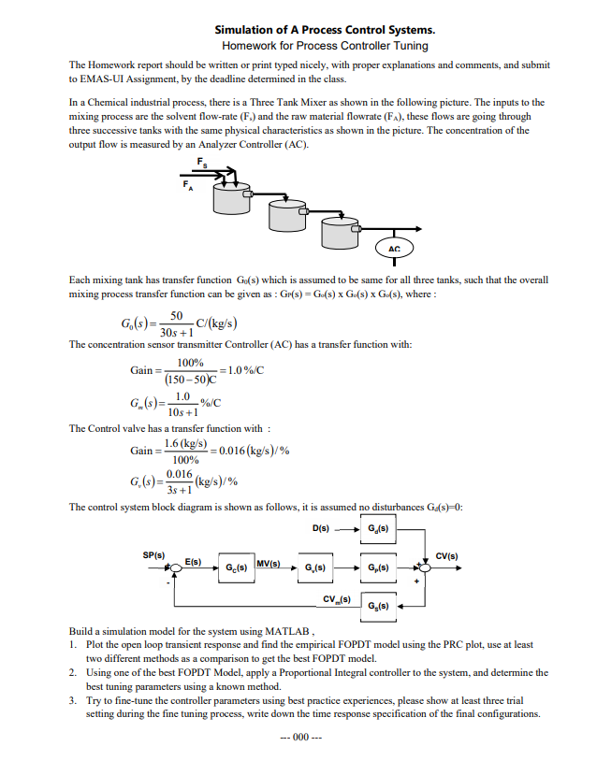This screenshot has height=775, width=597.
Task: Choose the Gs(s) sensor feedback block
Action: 378,605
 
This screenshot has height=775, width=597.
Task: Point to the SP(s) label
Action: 153,553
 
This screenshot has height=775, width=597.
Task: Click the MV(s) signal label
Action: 269,563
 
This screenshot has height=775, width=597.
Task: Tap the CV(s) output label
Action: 446,553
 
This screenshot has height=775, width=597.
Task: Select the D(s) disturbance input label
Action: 321,529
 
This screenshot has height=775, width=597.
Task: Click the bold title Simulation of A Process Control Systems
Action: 325,30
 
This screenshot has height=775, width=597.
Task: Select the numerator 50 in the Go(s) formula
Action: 177,317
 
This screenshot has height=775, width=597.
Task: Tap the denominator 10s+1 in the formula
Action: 182,411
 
